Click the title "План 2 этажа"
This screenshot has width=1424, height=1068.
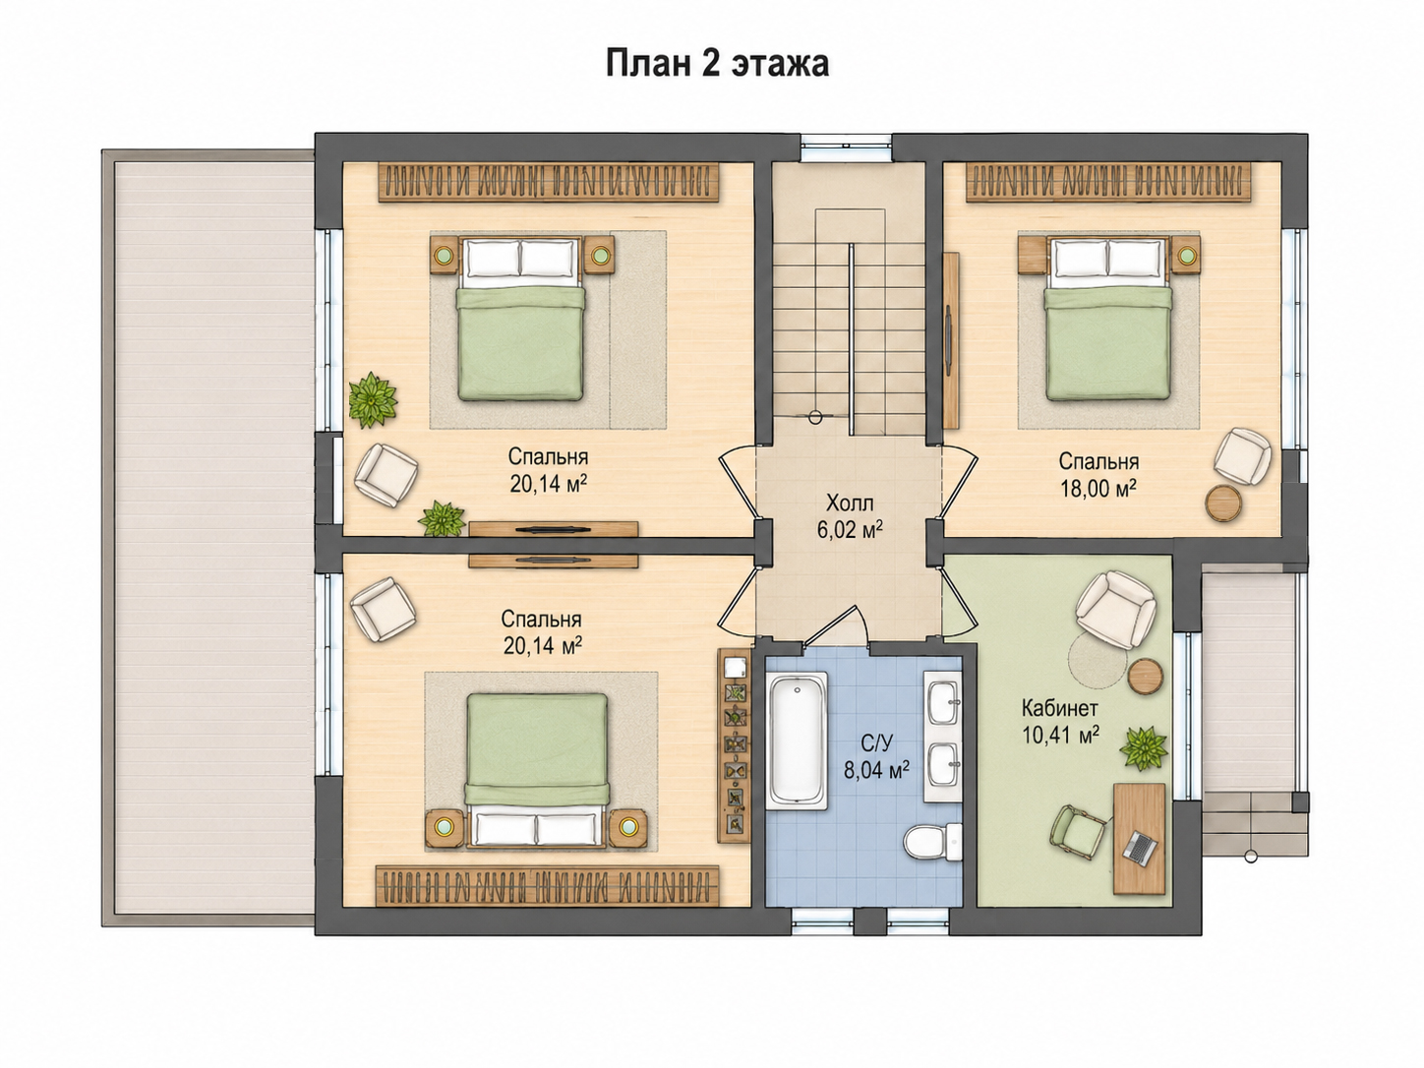point(717,64)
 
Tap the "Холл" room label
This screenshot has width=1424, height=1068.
point(850,503)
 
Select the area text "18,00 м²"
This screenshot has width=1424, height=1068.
point(1098,488)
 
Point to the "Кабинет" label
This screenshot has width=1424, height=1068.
point(1059,707)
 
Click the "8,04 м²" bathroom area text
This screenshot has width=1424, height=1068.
point(876,770)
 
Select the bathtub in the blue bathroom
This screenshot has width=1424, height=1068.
point(797,742)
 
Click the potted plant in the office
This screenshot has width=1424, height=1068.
point(1144,747)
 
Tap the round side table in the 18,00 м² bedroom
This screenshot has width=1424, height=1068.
point(1223,502)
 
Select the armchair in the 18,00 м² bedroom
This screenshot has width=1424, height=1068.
point(1242,456)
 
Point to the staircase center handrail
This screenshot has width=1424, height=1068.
point(850,339)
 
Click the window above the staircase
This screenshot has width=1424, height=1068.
point(846,148)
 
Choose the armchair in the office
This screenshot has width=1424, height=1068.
point(1116,610)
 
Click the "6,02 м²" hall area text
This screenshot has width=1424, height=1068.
point(850,530)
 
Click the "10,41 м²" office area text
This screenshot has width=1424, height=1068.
point(1061,735)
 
